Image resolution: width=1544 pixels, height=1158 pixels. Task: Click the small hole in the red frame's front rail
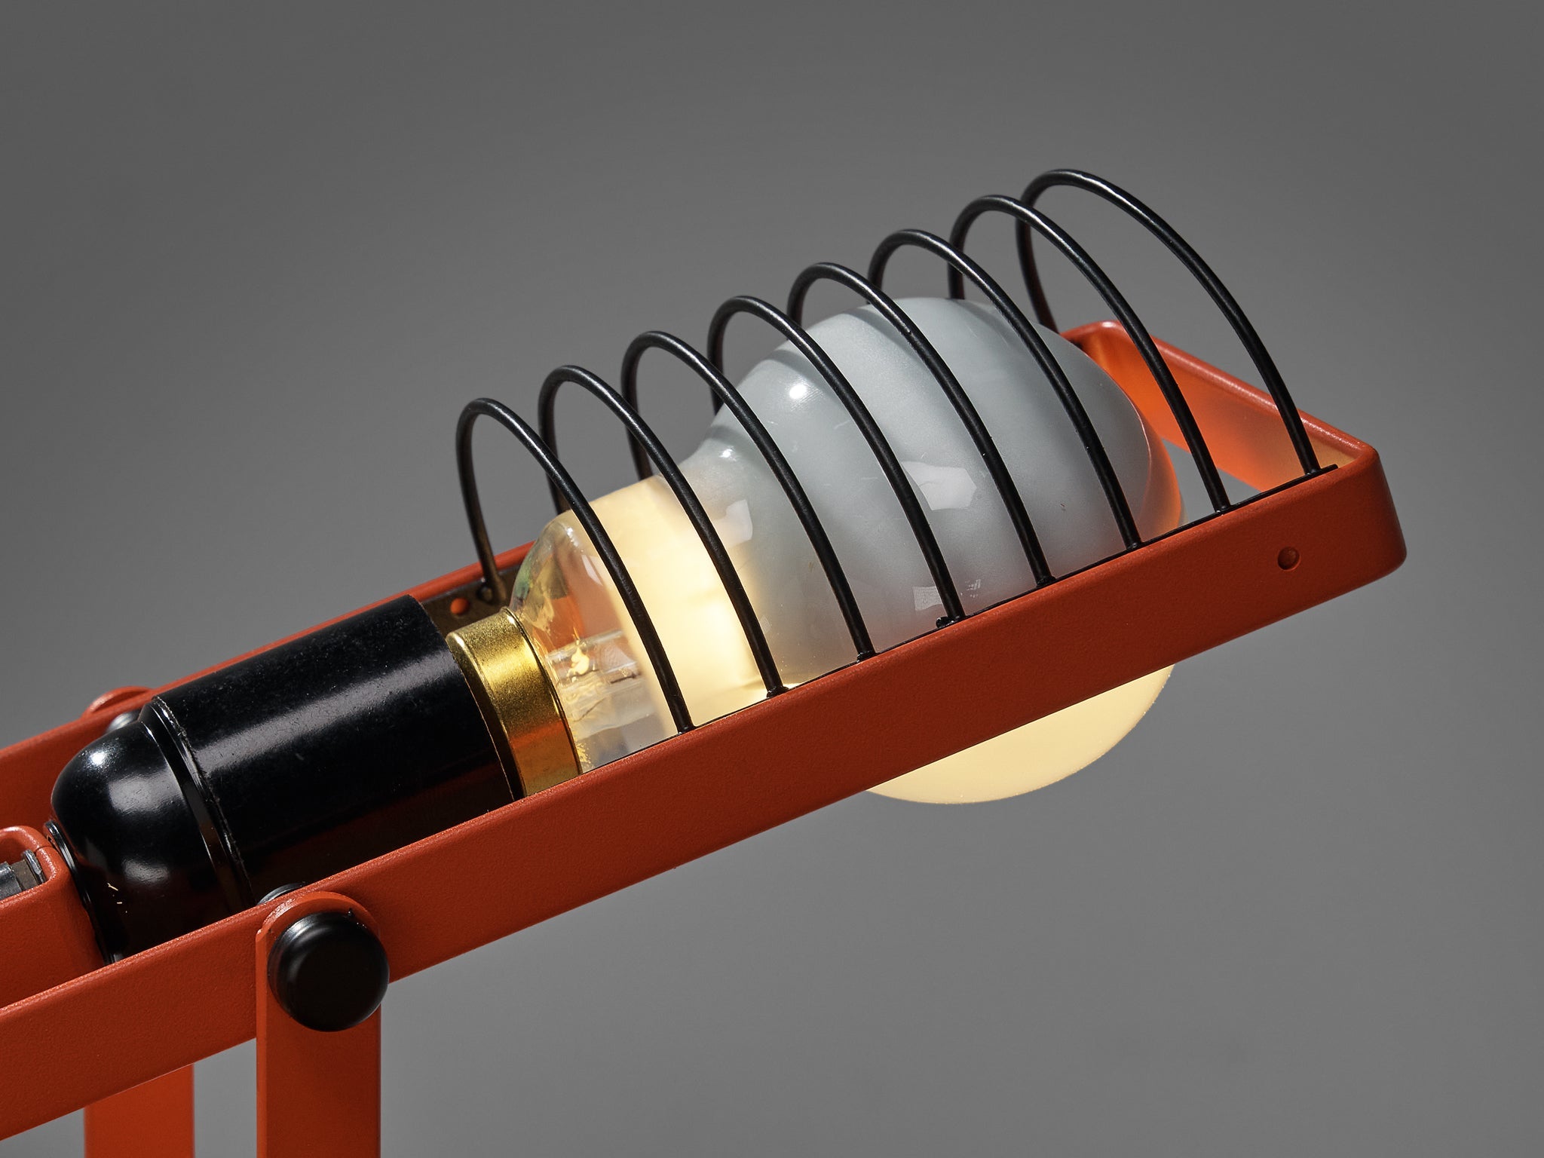click(1288, 559)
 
